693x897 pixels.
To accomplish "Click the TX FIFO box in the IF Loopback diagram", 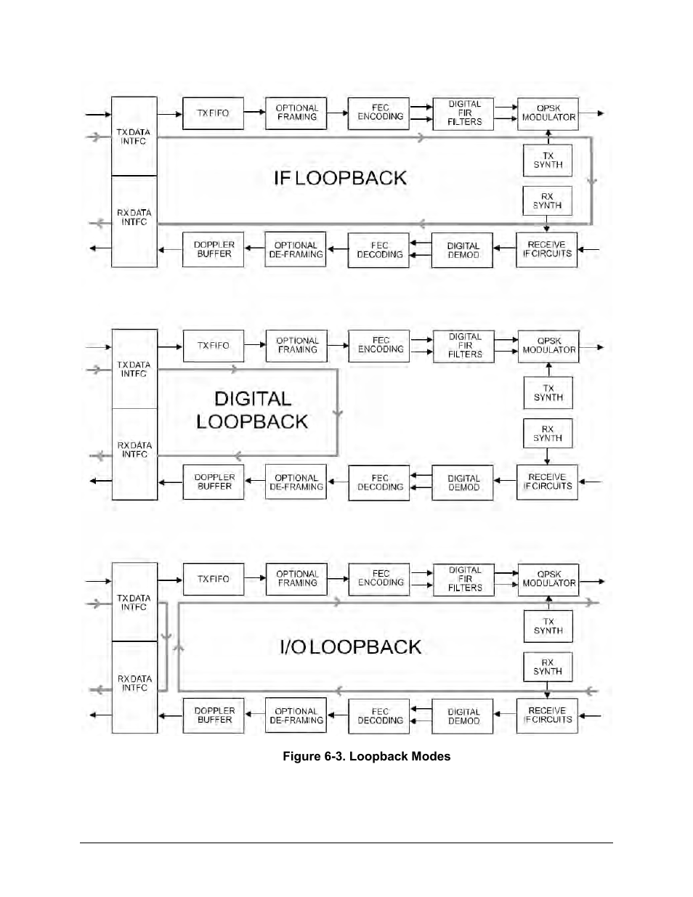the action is point(213,113).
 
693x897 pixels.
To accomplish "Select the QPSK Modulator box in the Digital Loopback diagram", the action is point(548,346).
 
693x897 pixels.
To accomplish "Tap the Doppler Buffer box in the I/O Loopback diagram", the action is point(214,715).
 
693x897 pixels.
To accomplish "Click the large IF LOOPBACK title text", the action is point(340,178).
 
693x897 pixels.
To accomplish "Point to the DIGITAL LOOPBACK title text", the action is point(252,410).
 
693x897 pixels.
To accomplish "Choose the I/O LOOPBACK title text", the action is point(350,647).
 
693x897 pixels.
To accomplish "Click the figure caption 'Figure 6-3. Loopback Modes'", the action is point(367,757).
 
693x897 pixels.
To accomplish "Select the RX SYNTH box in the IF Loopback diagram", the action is point(547,200).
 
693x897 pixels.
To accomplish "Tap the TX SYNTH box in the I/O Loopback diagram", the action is point(548,626).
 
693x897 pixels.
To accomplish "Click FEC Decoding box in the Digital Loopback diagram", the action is point(379,483).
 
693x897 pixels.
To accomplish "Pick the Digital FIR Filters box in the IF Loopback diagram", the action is point(463,113).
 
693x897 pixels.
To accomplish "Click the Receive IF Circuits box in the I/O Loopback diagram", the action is point(547,715).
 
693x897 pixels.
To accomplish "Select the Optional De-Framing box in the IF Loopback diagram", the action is point(295,249).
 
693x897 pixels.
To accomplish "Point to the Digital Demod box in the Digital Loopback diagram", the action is point(463,483).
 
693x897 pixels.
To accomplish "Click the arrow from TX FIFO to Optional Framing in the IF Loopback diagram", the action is point(254,111).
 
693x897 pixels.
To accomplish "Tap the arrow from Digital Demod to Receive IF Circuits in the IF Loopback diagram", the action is point(504,248).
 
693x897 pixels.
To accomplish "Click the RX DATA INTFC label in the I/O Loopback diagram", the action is point(134,683).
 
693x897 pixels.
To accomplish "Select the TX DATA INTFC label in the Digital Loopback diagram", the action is point(134,369).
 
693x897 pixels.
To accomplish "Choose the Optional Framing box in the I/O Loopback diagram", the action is point(296,579).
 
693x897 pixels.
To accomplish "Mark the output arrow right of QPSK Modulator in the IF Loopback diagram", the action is point(591,113).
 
